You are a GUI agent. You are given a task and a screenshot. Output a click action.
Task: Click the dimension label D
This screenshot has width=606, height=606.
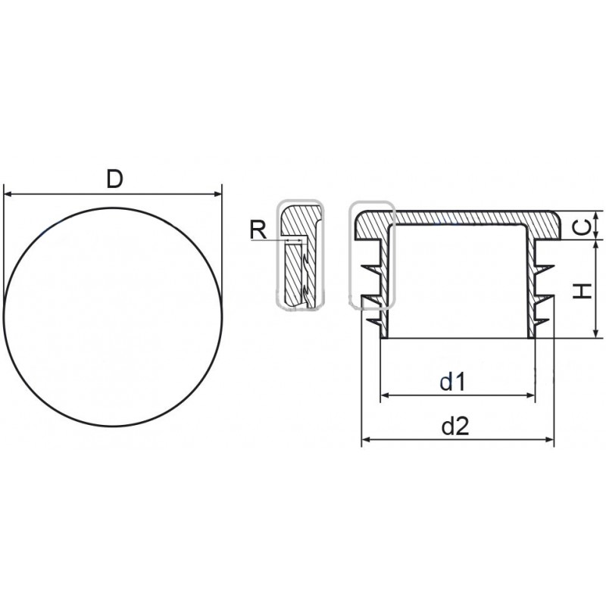[115, 180]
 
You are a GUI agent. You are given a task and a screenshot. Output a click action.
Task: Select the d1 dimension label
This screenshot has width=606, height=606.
[452, 382]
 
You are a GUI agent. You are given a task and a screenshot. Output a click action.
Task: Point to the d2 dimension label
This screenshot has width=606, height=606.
[455, 426]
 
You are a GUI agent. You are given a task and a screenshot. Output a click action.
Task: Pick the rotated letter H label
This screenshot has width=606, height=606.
[582, 291]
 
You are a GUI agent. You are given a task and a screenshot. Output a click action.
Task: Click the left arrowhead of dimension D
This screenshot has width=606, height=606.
[8, 194]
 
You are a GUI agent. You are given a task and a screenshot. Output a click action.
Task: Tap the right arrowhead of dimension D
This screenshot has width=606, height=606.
[217, 194]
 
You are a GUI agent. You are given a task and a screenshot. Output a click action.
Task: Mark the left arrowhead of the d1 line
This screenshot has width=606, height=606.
[386, 395]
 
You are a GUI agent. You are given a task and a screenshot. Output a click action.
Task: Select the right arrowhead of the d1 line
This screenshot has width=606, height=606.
[529, 395]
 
